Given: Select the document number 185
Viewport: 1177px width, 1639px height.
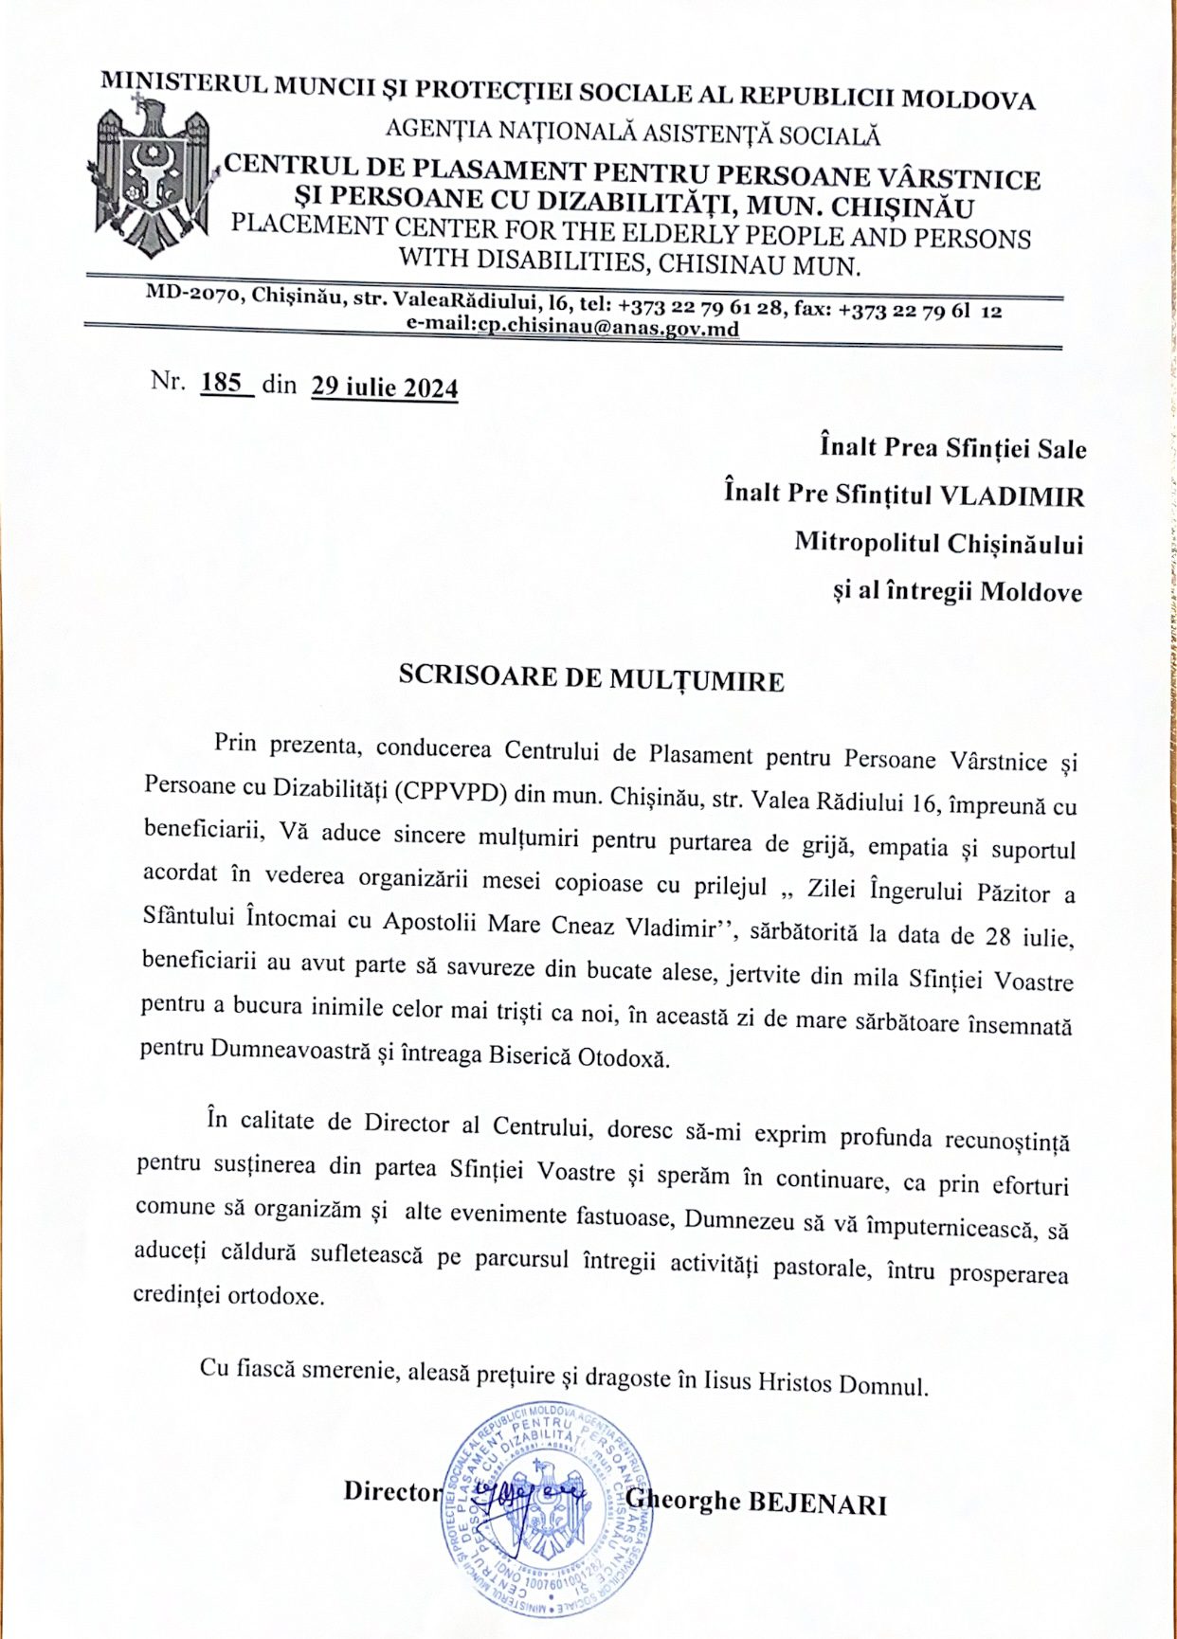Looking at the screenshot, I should [x=222, y=383].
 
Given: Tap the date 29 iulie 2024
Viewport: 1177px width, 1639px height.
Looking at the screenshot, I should [x=384, y=387].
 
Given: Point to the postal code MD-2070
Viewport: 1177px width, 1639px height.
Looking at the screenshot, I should [x=193, y=294].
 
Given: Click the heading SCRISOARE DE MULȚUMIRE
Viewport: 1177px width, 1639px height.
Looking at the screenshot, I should [x=590, y=677].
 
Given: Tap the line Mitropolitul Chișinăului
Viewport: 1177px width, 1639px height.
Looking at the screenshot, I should [x=938, y=543].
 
